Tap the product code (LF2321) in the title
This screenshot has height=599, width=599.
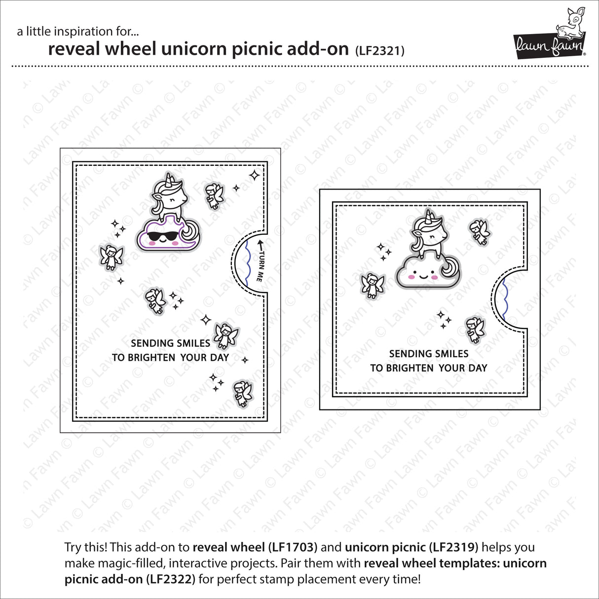379,50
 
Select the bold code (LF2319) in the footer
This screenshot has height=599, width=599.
454,547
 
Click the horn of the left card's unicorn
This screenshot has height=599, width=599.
171,178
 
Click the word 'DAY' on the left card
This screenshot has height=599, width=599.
219,358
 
